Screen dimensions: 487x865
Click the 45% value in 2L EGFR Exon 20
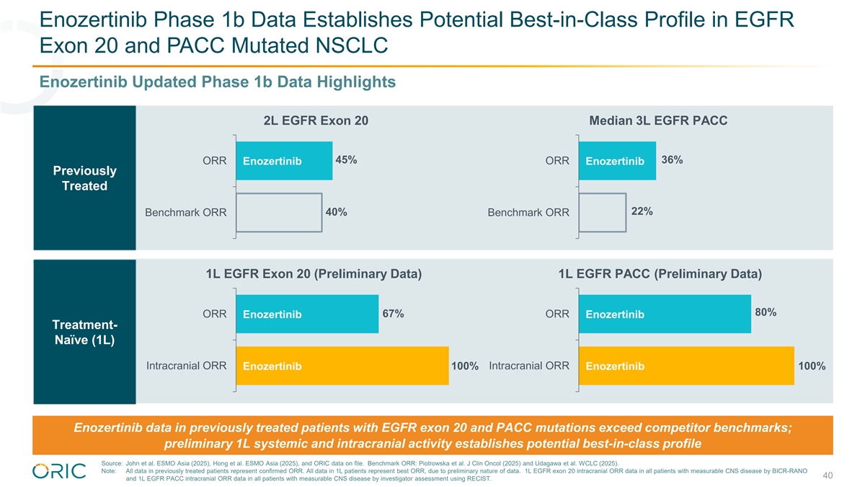coord(346,159)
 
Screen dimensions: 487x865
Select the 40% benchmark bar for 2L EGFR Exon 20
coord(279,212)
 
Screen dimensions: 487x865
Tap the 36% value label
coord(672,159)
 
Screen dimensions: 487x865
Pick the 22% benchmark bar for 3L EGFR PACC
coord(603,212)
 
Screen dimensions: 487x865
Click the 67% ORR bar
coord(307,314)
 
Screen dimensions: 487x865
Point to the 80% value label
coord(765,312)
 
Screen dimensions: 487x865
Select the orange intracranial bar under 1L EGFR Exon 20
coord(342,366)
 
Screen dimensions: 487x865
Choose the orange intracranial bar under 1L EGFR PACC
coord(686,366)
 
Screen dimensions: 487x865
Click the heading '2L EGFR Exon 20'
coord(316,121)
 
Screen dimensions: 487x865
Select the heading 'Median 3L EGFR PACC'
coord(658,121)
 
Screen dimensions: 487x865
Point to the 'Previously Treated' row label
coord(84,178)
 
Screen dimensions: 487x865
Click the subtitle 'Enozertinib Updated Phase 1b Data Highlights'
coord(218,82)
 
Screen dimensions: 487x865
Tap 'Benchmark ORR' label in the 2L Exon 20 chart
coord(186,213)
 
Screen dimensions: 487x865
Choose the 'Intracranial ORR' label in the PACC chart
coord(529,366)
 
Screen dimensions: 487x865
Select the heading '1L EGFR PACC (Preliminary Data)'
coord(660,274)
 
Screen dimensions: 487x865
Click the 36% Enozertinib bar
coord(617,160)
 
